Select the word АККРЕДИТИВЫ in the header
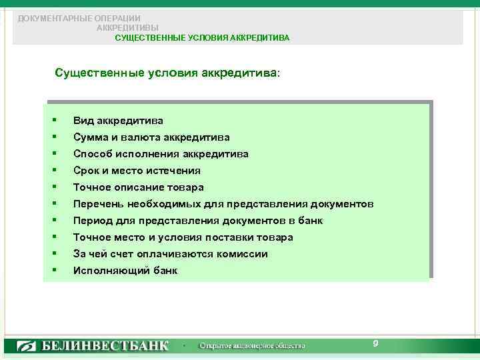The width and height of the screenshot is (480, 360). [x=127, y=28]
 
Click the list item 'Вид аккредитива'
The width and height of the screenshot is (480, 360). [x=118, y=121]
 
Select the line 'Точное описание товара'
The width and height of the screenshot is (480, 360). [x=138, y=187]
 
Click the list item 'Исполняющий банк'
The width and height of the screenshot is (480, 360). [x=125, y=271]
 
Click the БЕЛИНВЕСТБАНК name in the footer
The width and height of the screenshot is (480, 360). [x=106, y=346]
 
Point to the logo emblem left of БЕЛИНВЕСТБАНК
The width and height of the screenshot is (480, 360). [x=27, y=346]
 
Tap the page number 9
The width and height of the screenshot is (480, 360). [x=375, y=343]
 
